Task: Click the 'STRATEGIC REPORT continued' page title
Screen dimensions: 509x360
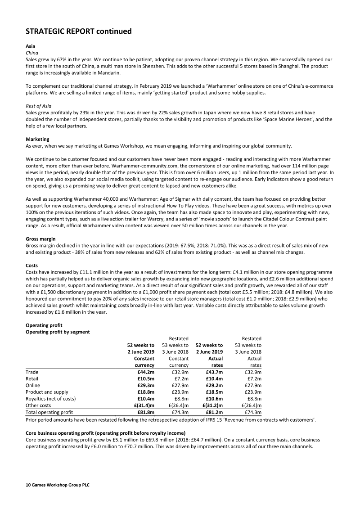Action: [79, 31]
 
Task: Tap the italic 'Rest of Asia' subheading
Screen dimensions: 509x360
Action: [38, 106]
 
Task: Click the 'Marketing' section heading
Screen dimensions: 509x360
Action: [37, 139]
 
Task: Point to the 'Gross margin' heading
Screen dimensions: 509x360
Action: [41, 238]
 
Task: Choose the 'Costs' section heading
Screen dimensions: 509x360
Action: [32, 266]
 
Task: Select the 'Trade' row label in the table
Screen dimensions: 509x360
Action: [32, 372]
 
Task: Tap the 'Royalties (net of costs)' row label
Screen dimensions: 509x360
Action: [51, 398]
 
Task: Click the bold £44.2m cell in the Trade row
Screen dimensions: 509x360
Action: [145, 372]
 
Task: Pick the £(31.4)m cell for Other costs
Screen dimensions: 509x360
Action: [143, 405]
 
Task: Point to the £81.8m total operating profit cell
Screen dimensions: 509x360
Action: [145, 412]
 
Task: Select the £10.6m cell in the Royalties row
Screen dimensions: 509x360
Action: [214, 398]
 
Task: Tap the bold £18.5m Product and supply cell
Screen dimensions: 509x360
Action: [214, 392]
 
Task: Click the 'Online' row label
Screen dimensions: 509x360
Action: [33, 385]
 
